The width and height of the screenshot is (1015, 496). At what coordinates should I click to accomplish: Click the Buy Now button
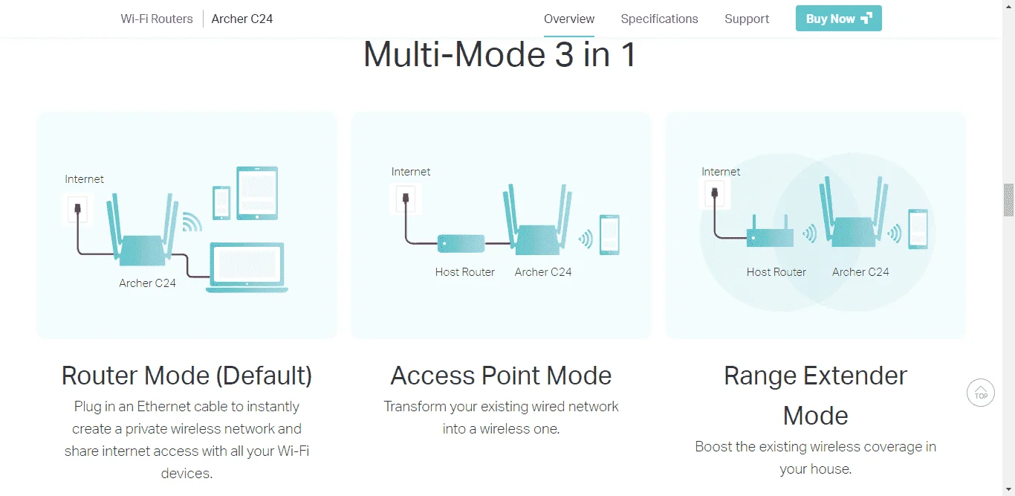click(x=838, y=18)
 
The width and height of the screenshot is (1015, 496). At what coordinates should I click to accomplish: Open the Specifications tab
click(x=659, y=19)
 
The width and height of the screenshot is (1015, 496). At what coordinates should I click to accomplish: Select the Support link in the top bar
click(x=747, y=19)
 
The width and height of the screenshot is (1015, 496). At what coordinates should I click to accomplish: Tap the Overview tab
click(x=569, y=19)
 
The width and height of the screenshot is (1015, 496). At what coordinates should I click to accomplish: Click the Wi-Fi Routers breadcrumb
click(x=157, y=19)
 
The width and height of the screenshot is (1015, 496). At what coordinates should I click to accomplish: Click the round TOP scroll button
click(x=981, y=393)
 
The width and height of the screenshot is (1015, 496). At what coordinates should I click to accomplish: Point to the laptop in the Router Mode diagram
click(x=247, y=268)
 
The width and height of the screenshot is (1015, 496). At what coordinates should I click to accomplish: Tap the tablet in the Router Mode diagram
click(x=257, y=193)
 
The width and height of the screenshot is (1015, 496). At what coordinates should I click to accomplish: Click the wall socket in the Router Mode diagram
click(x=77, y=209)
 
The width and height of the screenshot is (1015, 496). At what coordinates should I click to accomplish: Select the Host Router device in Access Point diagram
click(x=461, y=243)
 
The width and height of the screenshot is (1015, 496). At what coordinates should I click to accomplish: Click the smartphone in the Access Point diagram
click(x=609, y=235)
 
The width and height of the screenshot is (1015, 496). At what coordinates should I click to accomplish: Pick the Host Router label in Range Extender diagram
click(x=776, y=272)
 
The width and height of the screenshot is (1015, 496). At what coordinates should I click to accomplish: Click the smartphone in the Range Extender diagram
click(x=918, y=229)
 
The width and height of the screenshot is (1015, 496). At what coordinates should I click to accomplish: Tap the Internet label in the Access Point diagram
click(x=411, y=172)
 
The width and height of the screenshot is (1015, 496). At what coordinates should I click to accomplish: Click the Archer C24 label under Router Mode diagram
click(x=147, y=283)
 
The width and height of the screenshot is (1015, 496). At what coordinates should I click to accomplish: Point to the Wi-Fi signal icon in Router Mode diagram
click(x=192, y=222)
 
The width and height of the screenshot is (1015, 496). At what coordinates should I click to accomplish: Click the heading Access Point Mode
click(x=501, y=376)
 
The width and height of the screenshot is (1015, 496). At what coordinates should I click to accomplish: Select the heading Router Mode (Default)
click(x=187, y=376)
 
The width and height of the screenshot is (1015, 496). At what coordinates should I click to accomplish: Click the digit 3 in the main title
click(x=564, y=55)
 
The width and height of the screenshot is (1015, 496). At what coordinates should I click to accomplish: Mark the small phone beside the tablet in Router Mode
click(x=221, y=203)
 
